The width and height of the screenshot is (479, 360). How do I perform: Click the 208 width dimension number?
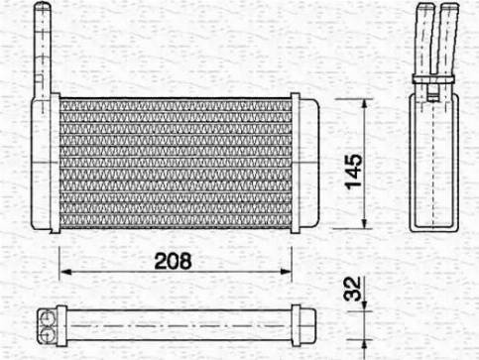(x=173, y=261)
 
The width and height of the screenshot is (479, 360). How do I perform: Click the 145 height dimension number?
(x=353, y=172)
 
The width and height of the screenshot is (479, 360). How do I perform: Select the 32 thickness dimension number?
(x=353, y=290)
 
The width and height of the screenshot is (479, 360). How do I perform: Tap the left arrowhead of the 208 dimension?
(x=66, y=272)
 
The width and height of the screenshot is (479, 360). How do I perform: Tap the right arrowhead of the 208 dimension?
(x=286, y=272)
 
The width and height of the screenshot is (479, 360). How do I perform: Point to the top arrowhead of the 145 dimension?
(x=364, y=105)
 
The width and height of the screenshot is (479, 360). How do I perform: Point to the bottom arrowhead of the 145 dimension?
(x=364, y=222)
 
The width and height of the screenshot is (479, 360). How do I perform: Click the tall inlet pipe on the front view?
(x=43, y=50)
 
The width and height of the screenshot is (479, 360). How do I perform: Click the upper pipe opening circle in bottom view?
(x=47, y=318)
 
